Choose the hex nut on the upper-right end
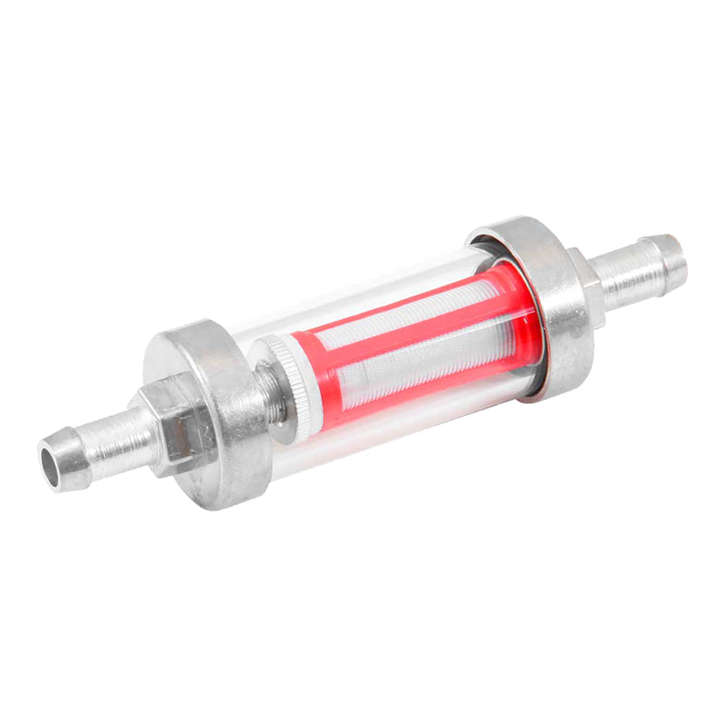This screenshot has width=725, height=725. tap(589, 281)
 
